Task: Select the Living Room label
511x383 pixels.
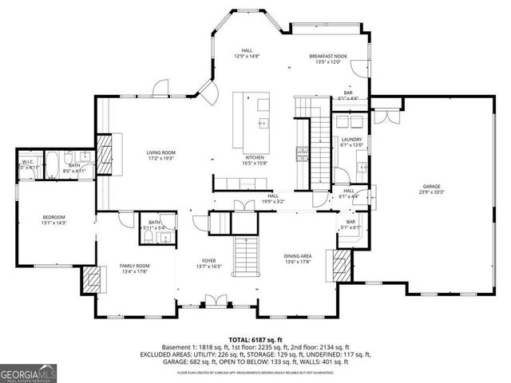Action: [x=160, y=152]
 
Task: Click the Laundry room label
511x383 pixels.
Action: [x=351, y=140]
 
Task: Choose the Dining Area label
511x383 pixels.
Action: [x=299, y=256]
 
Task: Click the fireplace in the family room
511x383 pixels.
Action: [x=90, y=280]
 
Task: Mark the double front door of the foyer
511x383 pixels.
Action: [x=212, y=302]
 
